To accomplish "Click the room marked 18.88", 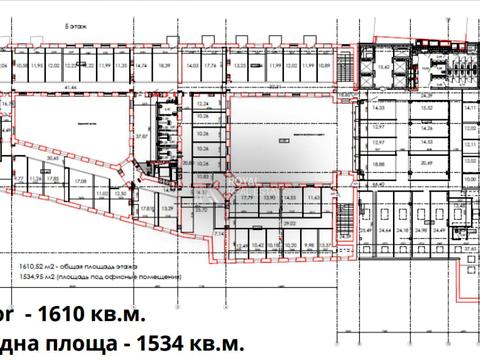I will tap(377, 165).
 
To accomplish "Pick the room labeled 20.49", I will tap(428, 165).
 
